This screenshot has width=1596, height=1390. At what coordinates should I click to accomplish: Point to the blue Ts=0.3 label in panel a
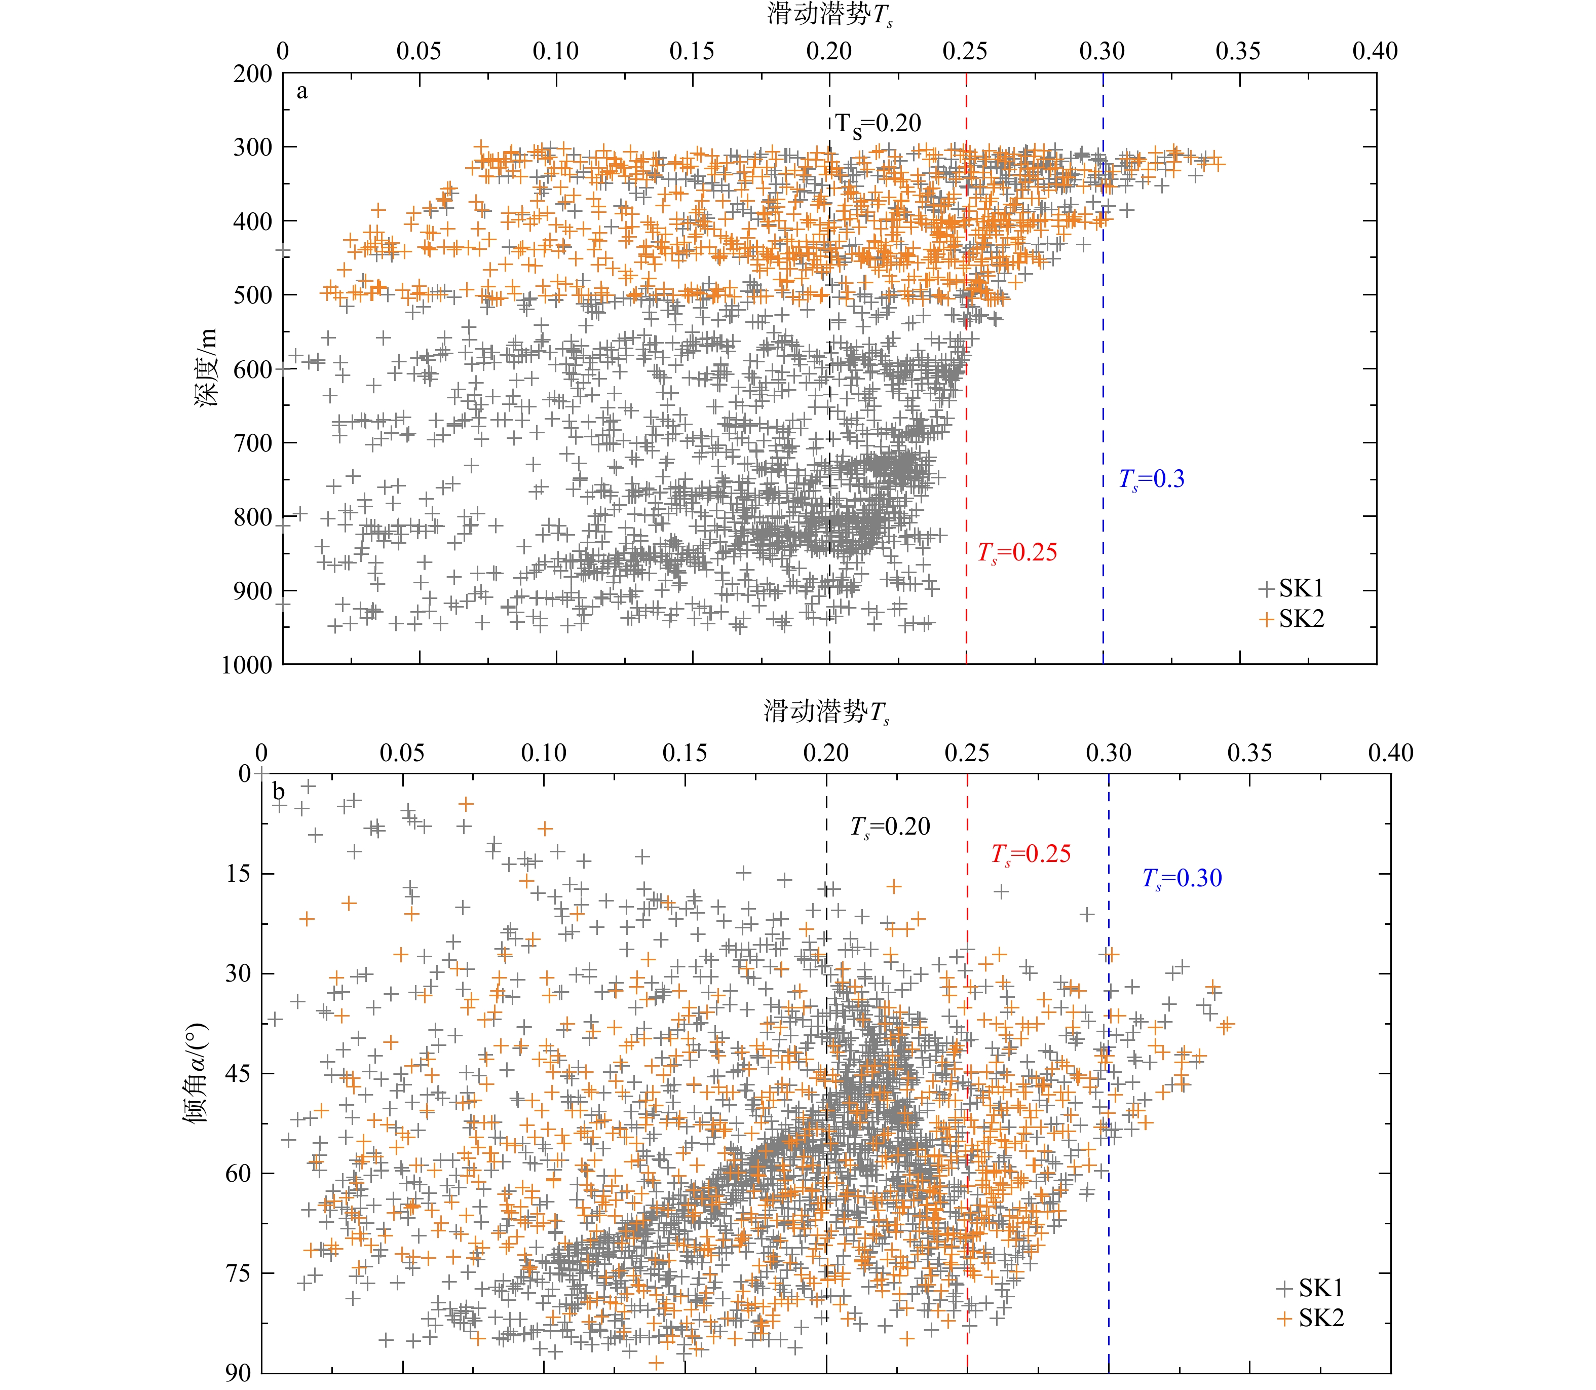1152,480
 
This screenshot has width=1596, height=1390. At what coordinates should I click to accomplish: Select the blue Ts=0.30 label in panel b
1182,879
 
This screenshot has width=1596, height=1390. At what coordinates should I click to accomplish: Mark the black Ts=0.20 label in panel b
890,828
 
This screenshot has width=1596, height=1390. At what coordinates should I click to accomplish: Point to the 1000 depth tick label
247,665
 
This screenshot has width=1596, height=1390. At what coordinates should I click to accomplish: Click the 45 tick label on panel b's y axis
238,1073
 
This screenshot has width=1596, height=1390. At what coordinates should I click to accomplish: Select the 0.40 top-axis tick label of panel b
1390,753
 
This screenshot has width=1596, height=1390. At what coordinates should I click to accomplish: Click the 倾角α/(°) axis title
196,1073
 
